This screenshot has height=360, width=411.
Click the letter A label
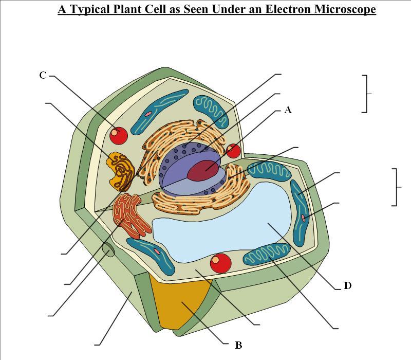pos(288,110)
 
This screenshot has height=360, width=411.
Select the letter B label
pos(238,345)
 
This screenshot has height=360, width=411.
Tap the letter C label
pos(43,75)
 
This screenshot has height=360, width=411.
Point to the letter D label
pos(347,285)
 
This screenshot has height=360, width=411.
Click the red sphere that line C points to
pos(119,135)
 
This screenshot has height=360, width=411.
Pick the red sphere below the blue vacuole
pos(221,263)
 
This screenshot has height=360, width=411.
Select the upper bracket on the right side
pos(366,94)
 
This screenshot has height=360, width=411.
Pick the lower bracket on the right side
pos(396,187)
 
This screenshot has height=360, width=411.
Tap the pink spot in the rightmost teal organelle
pos(304,218)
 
